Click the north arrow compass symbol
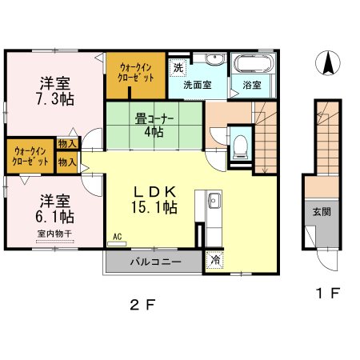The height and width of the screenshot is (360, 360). (328, 63)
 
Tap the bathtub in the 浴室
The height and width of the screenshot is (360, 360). (254, 63)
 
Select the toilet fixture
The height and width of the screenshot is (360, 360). (241, 147)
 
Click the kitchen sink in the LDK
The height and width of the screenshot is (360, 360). (214, 200)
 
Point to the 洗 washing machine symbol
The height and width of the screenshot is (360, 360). (178, 67)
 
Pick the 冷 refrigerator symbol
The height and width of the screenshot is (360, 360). (215, 260)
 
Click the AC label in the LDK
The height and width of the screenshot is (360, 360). (117, 237)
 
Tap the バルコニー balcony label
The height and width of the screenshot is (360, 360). (156, 262)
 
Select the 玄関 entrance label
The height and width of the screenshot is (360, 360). (322, 212)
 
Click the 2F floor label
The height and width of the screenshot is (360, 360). (142, 305)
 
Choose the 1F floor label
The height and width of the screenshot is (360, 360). (327, 294)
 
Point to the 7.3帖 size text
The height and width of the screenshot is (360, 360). (55, 99)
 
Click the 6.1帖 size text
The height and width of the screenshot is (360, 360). (54, 217)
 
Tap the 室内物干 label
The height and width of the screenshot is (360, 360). (54, 234)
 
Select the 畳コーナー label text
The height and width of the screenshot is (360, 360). (154, 119)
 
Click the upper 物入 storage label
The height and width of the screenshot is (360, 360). (67, 144)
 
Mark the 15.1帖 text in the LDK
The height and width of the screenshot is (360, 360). (154, 207)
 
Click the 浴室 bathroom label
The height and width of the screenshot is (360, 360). (252, 85)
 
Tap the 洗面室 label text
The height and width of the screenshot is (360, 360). (198, 85)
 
